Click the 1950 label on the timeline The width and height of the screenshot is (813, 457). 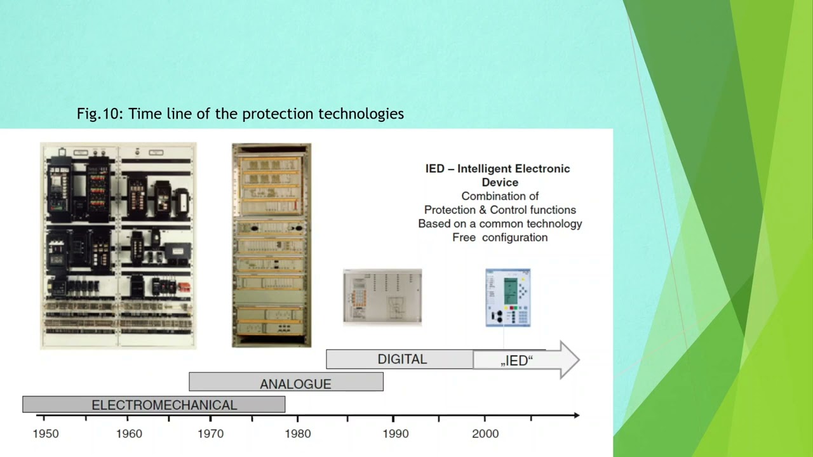(46, 434)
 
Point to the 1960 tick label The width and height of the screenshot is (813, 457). (130, 434)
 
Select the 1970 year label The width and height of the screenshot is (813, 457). (210, 434)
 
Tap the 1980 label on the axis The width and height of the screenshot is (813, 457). (298, 434)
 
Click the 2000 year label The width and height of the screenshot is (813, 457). (485, 434)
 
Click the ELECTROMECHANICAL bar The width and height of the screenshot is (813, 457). (154, 404)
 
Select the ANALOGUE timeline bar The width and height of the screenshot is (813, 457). (286, 382)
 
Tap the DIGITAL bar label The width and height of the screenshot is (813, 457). (402, 359)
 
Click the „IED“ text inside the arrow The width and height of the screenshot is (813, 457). (516, 361)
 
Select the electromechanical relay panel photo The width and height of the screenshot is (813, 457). (118, 246)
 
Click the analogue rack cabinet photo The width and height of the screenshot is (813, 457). (271, 245)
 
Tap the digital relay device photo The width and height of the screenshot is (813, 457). (382, 297)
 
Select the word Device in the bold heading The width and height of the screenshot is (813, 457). (500, 182)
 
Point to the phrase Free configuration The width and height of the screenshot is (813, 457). (500, 237)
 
